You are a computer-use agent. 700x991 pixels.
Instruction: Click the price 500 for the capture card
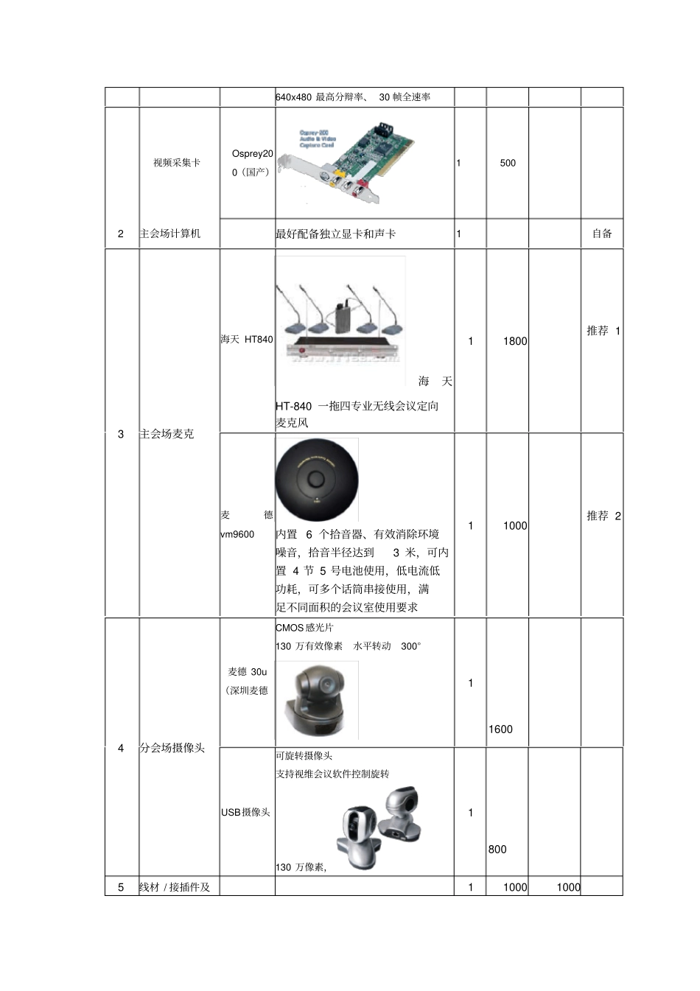click(508, 163)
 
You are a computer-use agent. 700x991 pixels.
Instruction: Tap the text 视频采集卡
click(177, 162)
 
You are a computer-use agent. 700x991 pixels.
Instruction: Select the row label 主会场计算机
click(170, 234)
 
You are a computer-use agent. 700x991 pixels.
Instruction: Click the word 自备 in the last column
click(602, 234)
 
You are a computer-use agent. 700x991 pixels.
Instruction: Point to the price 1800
click(515, 341)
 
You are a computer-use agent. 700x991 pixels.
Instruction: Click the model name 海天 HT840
click(247, 340)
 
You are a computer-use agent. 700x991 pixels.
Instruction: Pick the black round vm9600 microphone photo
click(317, 480)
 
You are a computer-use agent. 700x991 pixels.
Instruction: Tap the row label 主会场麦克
click(167, 434)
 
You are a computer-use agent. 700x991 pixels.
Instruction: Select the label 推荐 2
click(603, 516)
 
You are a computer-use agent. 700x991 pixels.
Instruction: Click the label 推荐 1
click(603, 331)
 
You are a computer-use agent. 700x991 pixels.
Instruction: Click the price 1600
click(500, 729)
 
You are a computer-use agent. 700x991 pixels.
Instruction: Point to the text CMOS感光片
click(304, 628)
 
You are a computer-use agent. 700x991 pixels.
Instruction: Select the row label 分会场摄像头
click(172, 748)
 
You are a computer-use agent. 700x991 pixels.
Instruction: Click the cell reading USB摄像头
click(246, 812)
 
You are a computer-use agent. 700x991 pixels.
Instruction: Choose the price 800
click(497, 850)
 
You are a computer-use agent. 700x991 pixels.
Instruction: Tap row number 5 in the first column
click(122, 887)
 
